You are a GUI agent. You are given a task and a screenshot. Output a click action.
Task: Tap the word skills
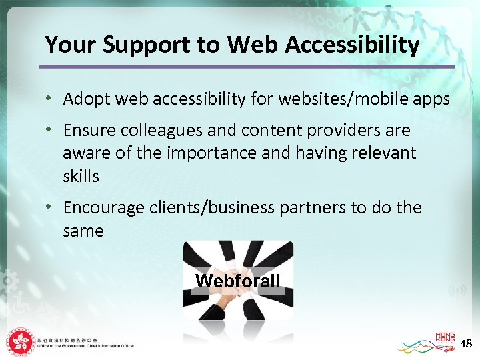[x=81, y=176]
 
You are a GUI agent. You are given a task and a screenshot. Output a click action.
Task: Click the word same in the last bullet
[x=83, y=231]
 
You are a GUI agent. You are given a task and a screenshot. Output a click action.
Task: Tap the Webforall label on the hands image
[x=238, y=281]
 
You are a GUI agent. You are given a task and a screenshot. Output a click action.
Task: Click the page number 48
[x=466, y=344]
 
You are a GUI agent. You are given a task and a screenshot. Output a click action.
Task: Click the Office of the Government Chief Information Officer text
[x=87, y=347]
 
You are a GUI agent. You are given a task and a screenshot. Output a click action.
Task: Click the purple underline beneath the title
[x=247, y=67]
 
